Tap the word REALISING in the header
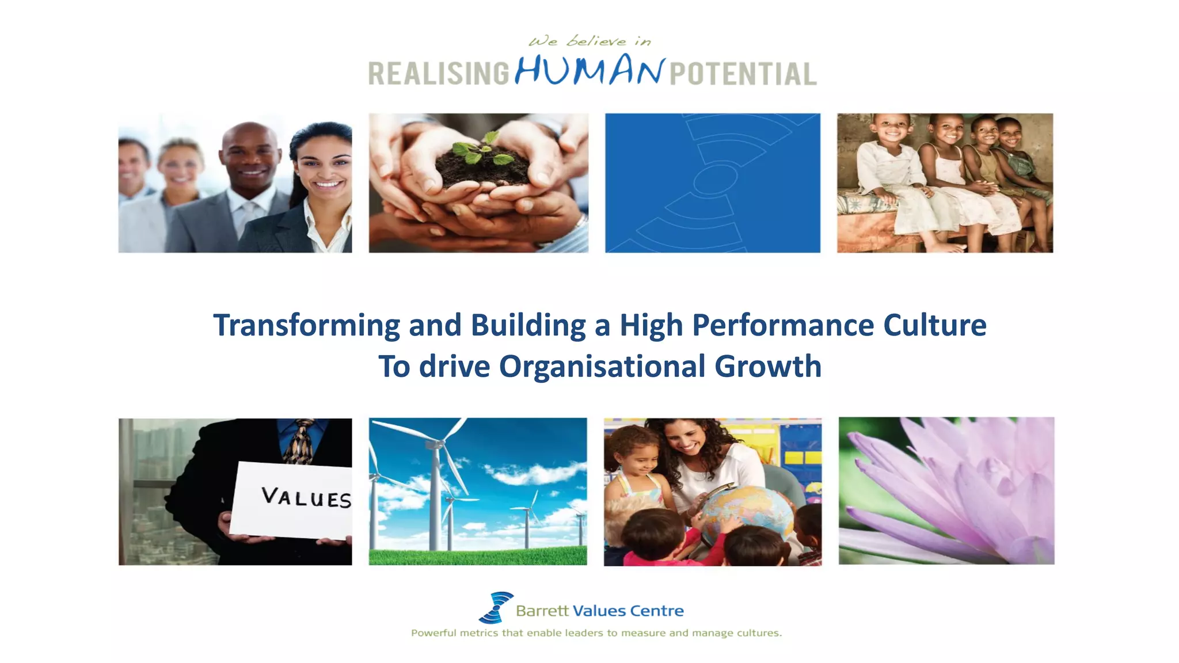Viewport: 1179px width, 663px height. point(439,74)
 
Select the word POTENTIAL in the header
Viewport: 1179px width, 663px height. point(743,74)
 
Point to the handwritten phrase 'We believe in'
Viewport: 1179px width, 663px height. point(589,41)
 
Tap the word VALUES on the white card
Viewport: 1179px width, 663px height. point(306,498)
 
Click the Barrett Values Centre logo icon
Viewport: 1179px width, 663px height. point(496,608)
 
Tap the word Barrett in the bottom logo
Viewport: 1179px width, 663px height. point(542,611)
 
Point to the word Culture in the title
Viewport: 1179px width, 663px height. point(934,325)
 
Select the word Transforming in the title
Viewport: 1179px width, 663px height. point(306,326)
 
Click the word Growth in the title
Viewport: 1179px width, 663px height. point(767,367)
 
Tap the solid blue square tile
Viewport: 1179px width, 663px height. point(712,183)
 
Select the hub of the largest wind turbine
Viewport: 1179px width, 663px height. point(439,444)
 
